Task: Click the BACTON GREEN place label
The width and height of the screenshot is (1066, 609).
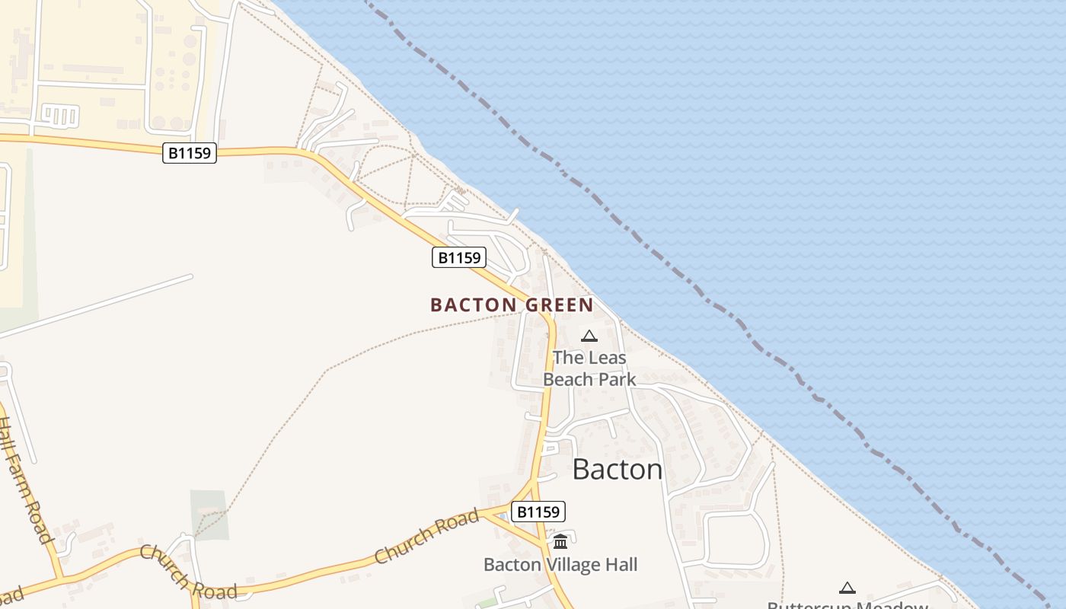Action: pos(512,305)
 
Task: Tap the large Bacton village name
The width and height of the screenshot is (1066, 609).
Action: pos(617,469)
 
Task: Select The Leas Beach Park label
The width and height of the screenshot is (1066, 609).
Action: pos(589,368)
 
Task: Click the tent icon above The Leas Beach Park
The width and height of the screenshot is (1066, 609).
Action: pos(589,336)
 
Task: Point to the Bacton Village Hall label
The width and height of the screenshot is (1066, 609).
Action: pos(560,565)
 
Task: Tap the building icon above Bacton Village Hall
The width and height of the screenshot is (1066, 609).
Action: pos(560,542)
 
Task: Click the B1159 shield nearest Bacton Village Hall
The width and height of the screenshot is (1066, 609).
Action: pos(538,512)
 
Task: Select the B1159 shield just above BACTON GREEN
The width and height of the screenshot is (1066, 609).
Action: pos(459,257)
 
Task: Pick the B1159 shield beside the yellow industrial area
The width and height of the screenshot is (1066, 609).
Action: pos(190,153)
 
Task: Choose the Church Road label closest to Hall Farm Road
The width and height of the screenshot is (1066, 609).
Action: pos(187,572)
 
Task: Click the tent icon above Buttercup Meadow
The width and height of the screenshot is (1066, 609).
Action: pos(847,588)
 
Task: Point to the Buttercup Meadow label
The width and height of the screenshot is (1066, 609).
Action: pos(847,605)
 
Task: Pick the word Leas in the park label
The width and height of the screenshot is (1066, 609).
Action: pos(606,357)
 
